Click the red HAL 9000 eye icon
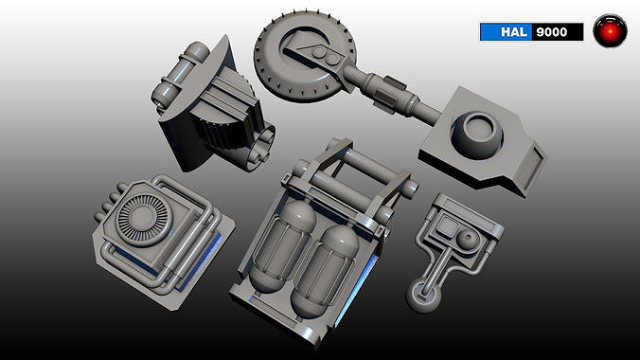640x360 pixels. point(611,31)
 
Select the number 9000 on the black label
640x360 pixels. point(551,32)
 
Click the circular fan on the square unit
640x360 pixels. point(143,221)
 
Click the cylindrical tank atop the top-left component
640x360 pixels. point(181,73)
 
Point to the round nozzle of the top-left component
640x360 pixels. point(254,141)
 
